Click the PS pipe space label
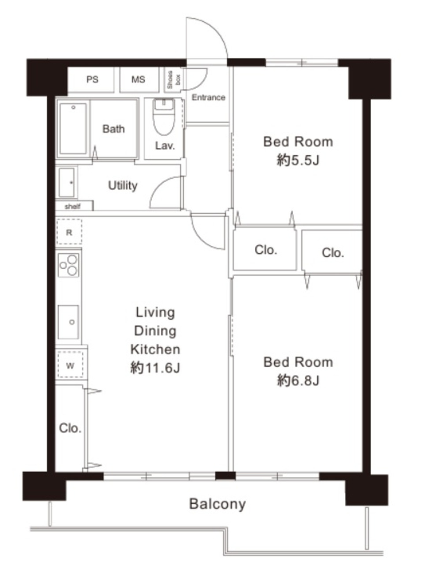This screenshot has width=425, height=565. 92,79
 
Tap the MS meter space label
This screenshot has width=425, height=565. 138,79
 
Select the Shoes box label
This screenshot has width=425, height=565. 174,79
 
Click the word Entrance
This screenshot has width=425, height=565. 208,97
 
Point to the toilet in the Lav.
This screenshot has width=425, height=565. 164,117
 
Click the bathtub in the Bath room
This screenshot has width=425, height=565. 73,129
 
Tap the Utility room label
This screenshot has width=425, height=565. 123,185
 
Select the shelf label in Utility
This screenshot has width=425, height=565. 72,206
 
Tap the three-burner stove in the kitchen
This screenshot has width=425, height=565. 68,265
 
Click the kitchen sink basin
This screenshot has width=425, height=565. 68,322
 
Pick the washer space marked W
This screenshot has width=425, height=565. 70,366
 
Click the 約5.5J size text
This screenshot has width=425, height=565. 298,160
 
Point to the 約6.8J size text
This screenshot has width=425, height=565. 298,380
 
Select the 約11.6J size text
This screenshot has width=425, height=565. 155,367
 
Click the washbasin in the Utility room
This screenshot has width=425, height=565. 66,182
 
